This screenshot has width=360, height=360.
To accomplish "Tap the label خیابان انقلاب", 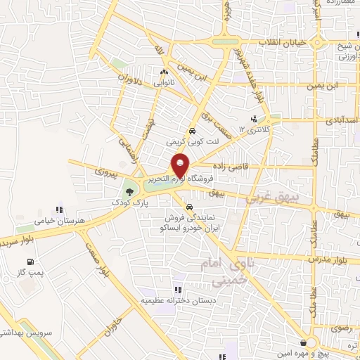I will point(285,42).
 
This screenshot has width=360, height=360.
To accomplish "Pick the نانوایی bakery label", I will point(164,83).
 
